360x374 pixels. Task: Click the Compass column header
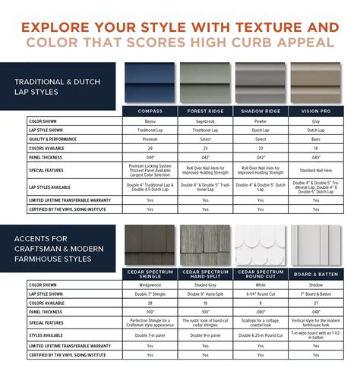pyautogui.click(x=150, y=111)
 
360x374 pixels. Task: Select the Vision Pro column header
pyautogui.click(x=316, y=111)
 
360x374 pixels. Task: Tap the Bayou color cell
pyautogui.click(x=150, y=121)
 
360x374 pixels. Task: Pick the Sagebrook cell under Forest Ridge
pyautogui.click(x=205, y=121)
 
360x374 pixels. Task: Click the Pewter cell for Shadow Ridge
pyautogui.click(x=261, y=121)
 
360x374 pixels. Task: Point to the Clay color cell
pyautogui.click(x=316, y=121)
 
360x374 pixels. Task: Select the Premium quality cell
pyautogui.click(x=150, y=139)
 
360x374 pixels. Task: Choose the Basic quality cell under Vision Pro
pyautogui.click(x=316, y=139)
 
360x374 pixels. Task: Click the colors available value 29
pyautogui.click(x=150, y=148)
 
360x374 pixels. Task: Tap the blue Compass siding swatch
pyautogui.click(x=150, y=83)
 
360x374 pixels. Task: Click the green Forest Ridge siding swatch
pyautogui.click(x=205, y=83)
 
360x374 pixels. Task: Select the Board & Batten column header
pyautogui.click(x=316, y=275)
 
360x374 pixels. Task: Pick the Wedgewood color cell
pyautogui.click(x=150, y=284)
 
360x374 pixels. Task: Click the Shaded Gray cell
pyautogui.click(x=205, y=284)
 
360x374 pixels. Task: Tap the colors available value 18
pyautogui.click(x=205, y=303)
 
